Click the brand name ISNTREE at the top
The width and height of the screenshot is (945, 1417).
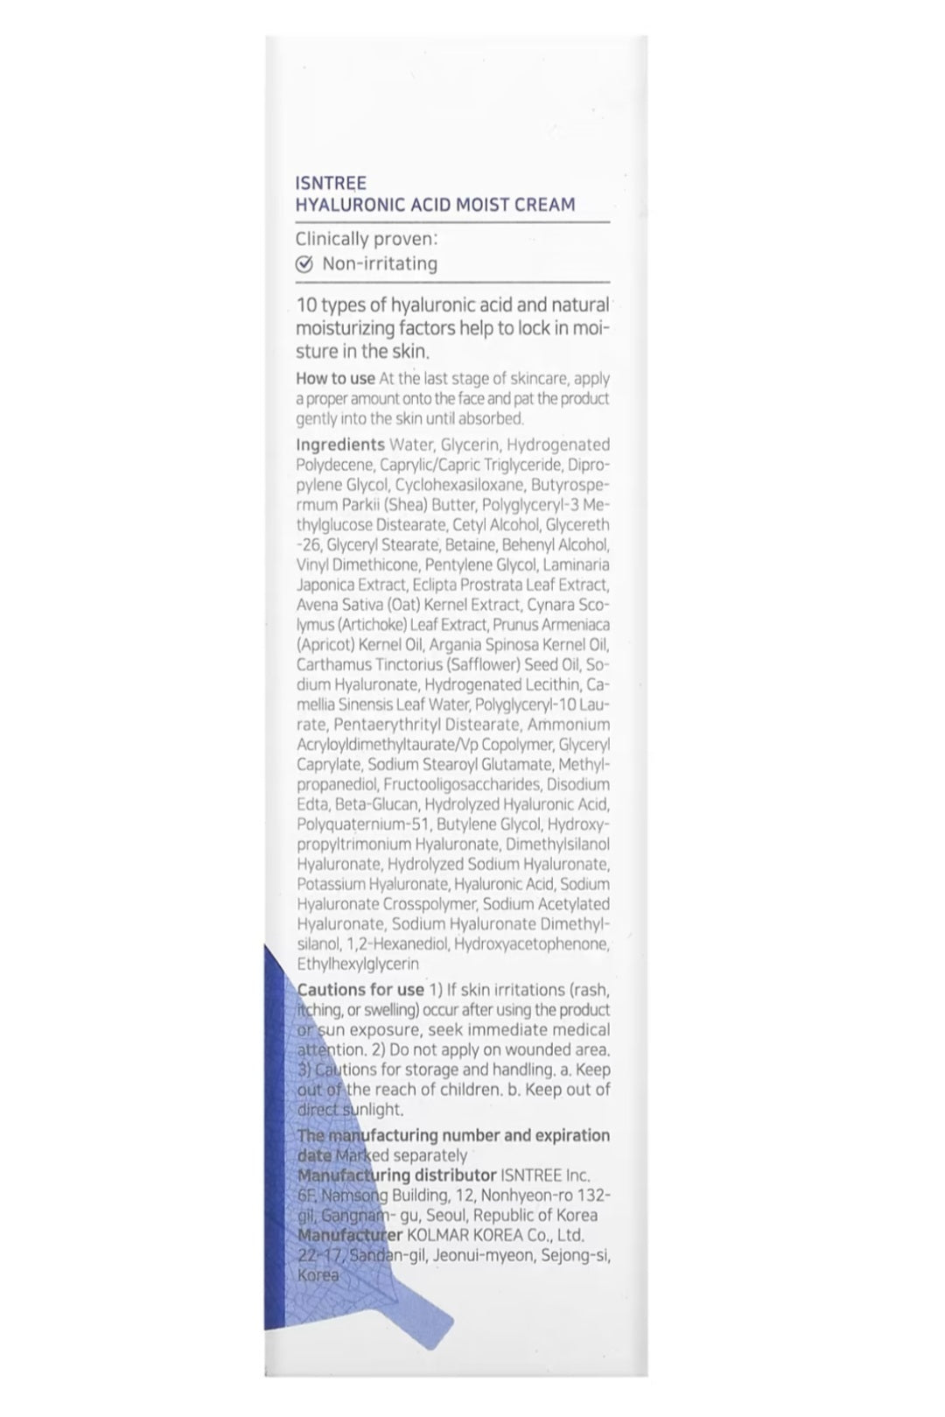pyautogui.click(x=331, y=183)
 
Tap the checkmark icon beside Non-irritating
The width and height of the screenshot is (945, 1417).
pyautogui.click(x=304, y=264)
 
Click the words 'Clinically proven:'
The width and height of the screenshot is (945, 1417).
pyautogui.click(x=366, y=238)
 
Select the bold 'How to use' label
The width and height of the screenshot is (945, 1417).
pyautogui.click(x=335, y=378)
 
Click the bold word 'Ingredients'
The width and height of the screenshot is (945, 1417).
pyautogui.click(x=339, y=445)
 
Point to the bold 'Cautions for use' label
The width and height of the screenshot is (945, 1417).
pyautogui.click(x=360, y=989)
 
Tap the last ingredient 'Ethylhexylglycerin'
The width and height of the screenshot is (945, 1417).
pyautogui.click(x=358, y=964)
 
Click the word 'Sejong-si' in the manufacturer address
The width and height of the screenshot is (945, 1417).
pyautogui.click(x=577, y=1255)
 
